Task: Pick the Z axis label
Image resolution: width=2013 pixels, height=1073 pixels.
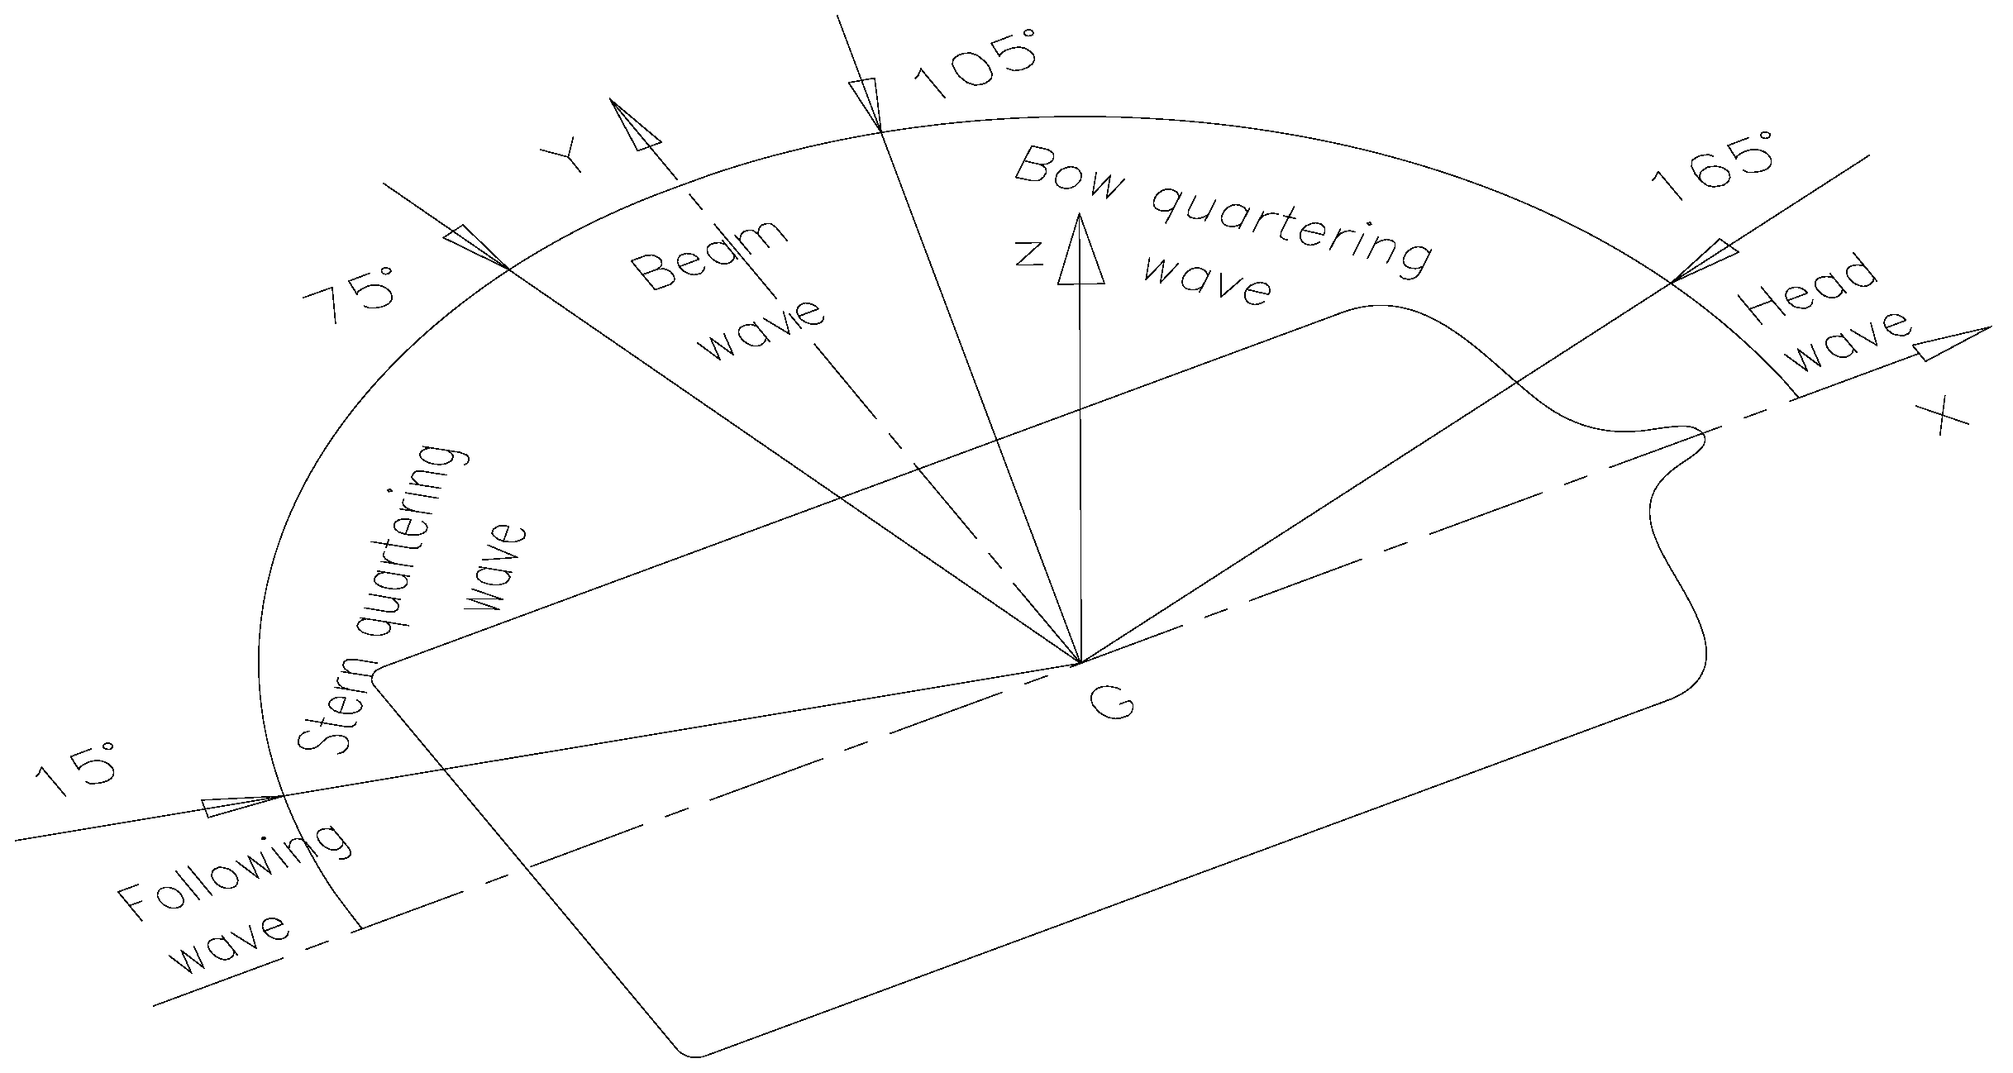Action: pos(1029,253)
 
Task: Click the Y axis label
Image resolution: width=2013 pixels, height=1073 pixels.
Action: pos(561,157)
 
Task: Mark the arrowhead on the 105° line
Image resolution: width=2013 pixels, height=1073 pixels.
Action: pos(868,103)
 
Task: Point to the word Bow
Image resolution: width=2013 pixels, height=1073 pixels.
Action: pos(1070,175)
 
